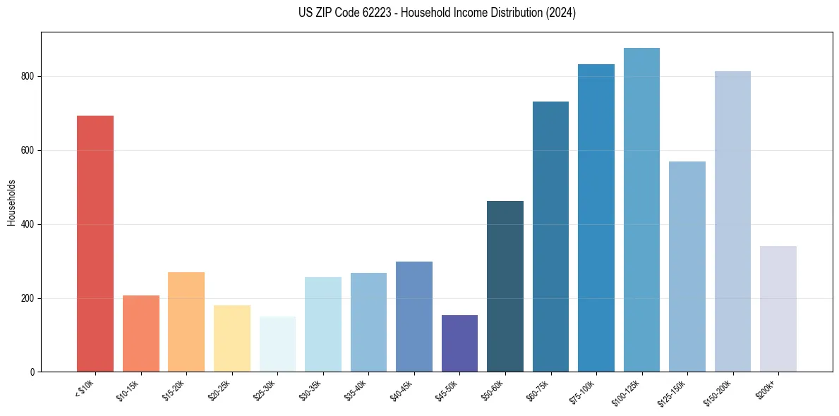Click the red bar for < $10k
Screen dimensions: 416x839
(x=95, y=243)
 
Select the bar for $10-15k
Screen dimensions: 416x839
(x=140, y=334)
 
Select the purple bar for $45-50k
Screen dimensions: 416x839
(x=459, y=343)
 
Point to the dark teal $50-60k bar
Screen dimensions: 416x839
(x=505, y=286)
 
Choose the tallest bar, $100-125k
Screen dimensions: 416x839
(x=641, y=210)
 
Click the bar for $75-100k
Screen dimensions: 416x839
(x=596, y=218)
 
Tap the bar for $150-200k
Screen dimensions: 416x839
(x=732, y=221)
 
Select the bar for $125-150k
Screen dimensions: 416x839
(x=687, y=267)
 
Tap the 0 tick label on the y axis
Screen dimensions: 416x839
(x=32, y=372)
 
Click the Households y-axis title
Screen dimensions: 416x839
(x=11, y=202)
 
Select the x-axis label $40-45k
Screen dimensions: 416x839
(x=401, y=389)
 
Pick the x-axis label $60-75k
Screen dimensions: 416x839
(x=538, y=389)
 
